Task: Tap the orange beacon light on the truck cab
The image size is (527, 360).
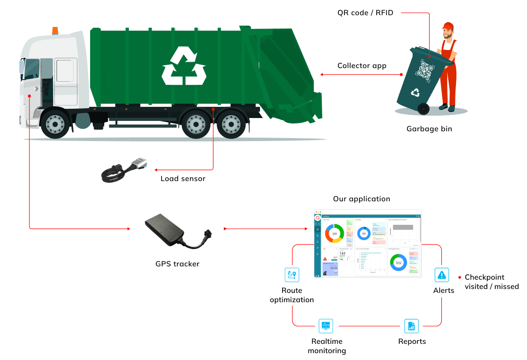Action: pyautogui.click(x=54, y=30)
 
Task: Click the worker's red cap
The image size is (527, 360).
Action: pyautogui.click(x=447, y=26)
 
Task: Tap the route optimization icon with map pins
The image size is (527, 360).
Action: pyautogui.click(x=292, y=274)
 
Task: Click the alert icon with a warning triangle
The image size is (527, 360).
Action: pyautogui.click(x=441, y=275)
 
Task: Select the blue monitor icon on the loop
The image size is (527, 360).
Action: pyautogui.click(x=325, y=325)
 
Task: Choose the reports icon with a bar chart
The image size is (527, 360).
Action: pyautogui.click(x=411, y=325)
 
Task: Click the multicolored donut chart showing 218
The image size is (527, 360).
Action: pyautogui.click(x=335, y=234)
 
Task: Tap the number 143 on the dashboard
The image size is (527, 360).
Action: pyautogui.click(x=342, y=253)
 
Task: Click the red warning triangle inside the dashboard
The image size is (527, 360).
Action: pyautogui.click(x=325, y=258)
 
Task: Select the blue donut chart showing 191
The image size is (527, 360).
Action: pyautogui.click(x=364, y=234)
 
